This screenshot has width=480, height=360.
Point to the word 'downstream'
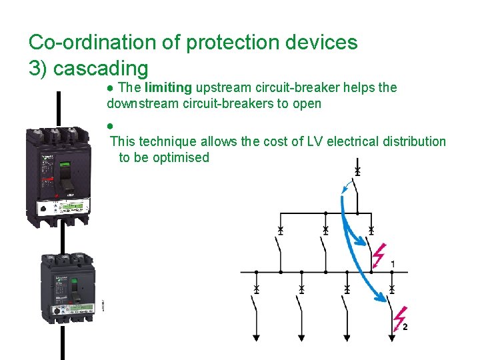[x=139, y=103]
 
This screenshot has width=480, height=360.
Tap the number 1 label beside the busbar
[x=393, y=265]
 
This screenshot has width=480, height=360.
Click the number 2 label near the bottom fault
[x=405, y=327]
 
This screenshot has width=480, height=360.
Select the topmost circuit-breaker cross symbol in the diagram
[x=357, y=172]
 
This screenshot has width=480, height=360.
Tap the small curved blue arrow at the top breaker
[x=346, y=189]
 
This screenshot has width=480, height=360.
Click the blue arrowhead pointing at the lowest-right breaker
[x=387, y=300]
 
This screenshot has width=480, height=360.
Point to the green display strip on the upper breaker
[x=69, y=207]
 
